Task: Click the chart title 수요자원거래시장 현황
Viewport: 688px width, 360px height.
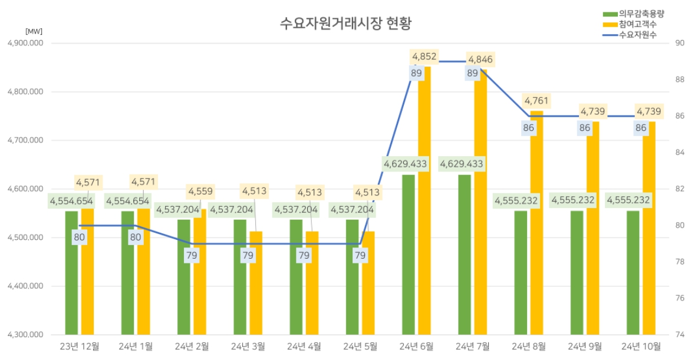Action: tap(345, 24)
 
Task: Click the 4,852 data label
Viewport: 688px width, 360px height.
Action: tap(424, 57)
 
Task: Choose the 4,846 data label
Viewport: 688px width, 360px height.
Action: tap(480, 59)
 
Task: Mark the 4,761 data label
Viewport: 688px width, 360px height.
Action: tap(536, 101)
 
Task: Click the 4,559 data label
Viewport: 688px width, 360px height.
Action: tap(200, 191)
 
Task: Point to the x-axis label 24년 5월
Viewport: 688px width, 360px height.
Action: tap(360, 346)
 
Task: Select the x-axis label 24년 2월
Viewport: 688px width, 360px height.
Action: tap(192, 346)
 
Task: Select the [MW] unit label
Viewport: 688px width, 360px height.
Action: tap(34, 31)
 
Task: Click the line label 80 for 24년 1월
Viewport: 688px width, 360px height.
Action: tap(136, 237)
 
